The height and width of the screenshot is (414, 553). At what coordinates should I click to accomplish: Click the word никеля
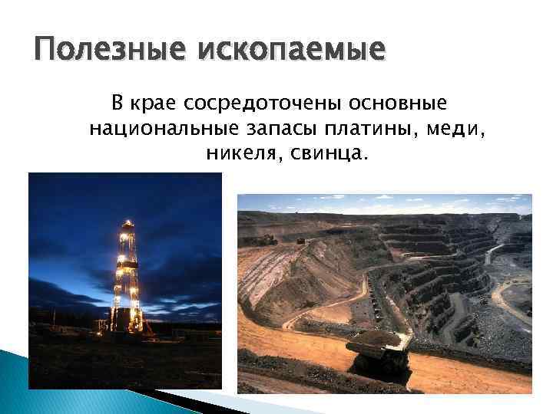click(235, 155)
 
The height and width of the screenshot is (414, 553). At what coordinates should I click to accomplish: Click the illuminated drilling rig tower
click(127, 276)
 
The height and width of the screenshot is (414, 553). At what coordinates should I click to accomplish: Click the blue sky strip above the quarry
click(384, 203)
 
